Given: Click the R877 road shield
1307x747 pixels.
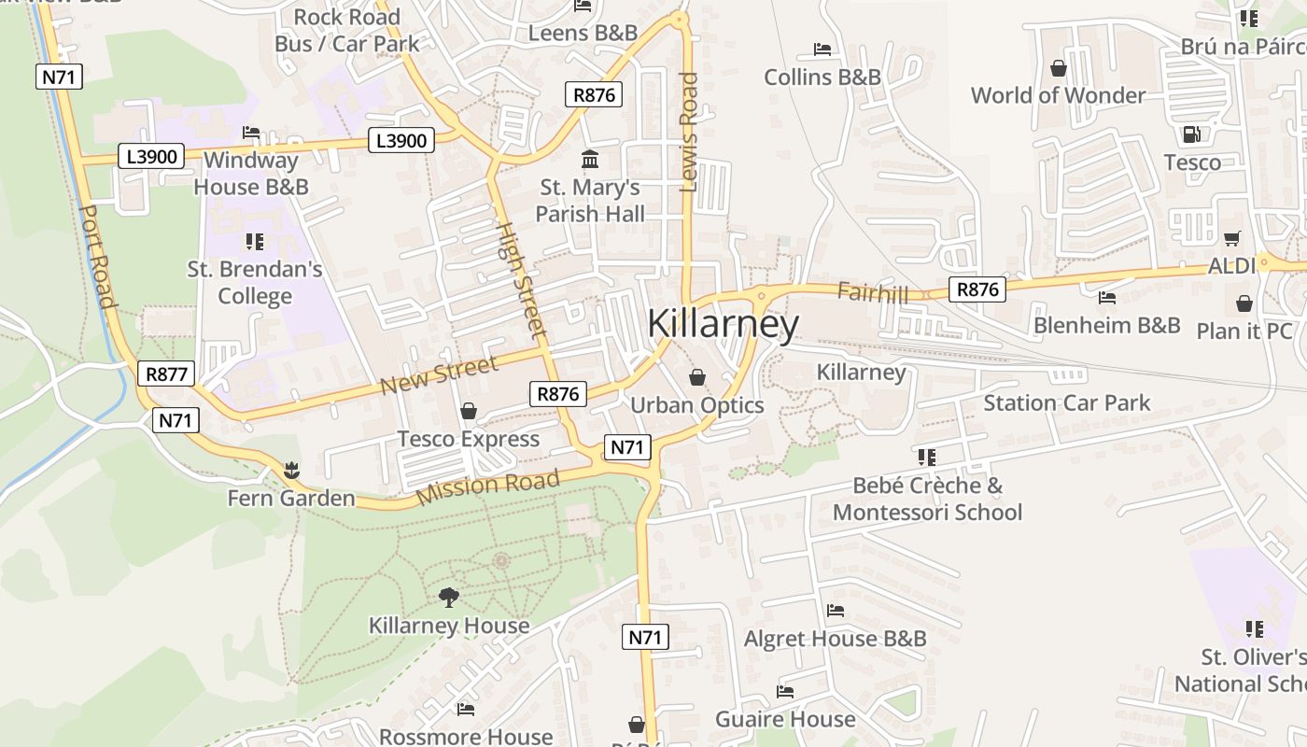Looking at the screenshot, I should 167,374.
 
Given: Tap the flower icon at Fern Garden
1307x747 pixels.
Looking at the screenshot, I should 291,469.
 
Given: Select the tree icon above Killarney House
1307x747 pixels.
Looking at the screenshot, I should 449,597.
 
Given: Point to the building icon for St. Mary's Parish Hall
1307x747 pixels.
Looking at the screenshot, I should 590,160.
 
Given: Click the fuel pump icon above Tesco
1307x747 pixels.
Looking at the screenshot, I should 1191,134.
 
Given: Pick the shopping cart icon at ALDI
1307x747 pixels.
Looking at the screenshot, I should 1232,239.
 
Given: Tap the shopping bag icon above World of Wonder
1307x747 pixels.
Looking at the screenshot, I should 1059,68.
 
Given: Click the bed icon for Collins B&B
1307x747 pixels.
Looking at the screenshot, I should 822,49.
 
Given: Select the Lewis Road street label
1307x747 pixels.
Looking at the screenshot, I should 689,133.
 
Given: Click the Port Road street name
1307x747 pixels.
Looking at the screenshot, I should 97,257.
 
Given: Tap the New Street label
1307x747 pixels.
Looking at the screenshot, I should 440,374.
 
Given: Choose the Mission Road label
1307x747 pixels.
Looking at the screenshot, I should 487,486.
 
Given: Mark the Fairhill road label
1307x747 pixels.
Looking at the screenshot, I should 872,292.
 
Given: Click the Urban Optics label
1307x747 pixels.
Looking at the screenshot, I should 697,405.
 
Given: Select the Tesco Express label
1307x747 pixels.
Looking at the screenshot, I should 469,439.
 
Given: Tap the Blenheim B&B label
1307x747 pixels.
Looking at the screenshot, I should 1106,325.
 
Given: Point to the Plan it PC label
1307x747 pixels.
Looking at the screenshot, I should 1244,331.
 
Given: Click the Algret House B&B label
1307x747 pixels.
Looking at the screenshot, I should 835,639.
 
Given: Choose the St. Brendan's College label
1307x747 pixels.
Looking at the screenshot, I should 255,282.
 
